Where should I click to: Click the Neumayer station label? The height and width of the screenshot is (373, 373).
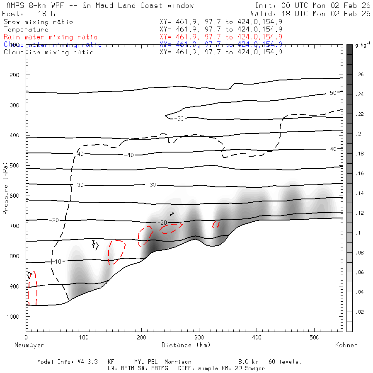tap(29, 345)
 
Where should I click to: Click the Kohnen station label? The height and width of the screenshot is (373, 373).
tap(346, 345)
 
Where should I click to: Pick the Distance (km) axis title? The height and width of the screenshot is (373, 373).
tap(182, 345)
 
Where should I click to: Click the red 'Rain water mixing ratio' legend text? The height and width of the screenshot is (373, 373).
tap(51, 37)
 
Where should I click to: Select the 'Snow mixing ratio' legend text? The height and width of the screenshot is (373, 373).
tap(38, 22)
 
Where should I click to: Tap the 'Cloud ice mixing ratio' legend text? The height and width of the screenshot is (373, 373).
tap(48, 52)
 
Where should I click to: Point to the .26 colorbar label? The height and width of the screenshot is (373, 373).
tap(359, 75)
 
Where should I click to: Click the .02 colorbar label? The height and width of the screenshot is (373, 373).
tap(359, 312)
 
